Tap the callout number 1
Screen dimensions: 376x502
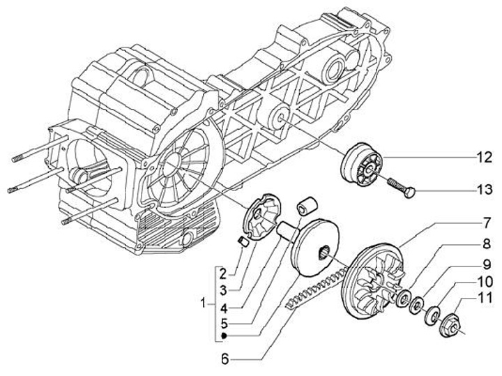tap(203, 304)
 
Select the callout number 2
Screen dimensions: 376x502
tap(222, 273)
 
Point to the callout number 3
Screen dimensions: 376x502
tap(222, 288)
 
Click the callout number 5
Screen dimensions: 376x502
tap(222, 323)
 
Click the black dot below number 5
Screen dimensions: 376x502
tap(222, 336)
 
